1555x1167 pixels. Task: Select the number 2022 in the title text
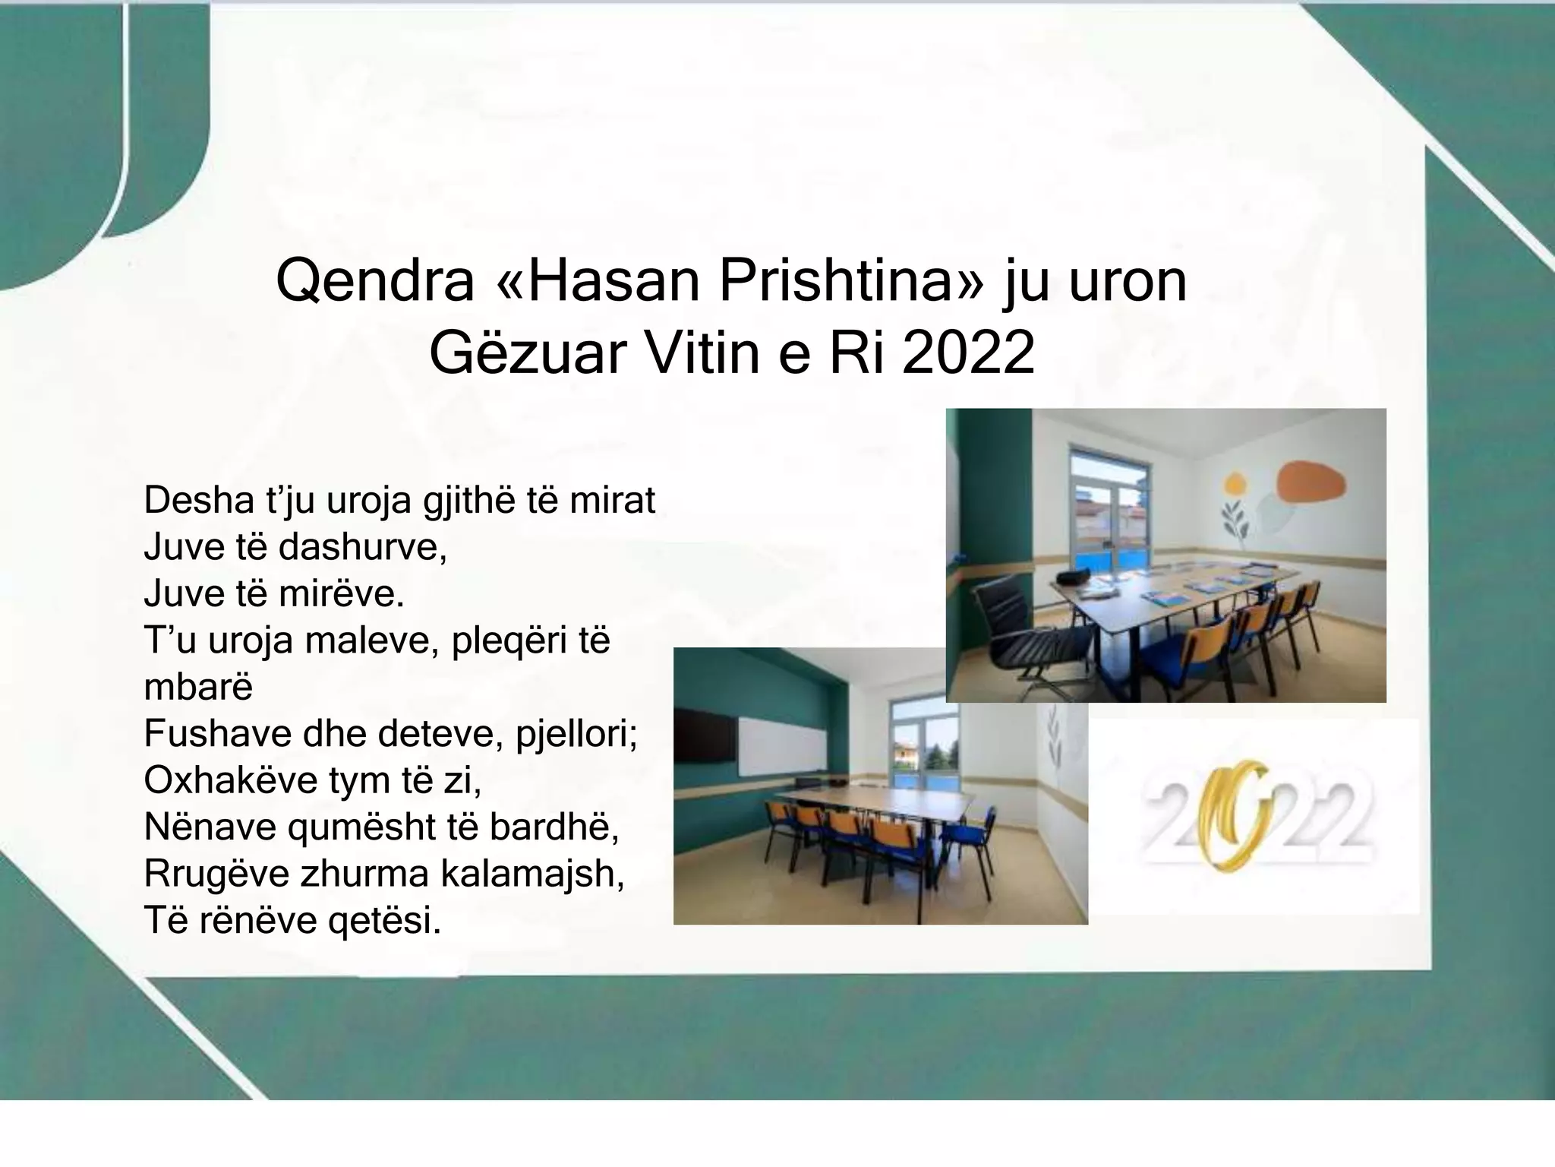tap(968, 353)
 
